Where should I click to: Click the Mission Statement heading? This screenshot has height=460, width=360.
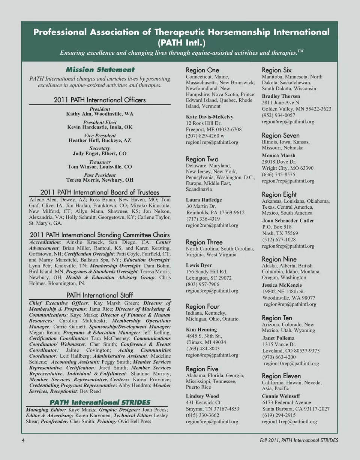(x=100, y=70)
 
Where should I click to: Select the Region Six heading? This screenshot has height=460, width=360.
(x=276, y=70)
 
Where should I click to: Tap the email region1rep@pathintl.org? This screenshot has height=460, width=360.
(x=212, y=142)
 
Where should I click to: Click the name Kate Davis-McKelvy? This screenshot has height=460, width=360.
(x=209, y=117)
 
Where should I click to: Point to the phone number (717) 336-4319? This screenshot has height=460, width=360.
(x=203, y=219)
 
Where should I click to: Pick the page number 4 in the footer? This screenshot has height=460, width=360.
(x=23, y=440)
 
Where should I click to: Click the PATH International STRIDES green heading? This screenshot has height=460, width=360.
(x=100, y=402)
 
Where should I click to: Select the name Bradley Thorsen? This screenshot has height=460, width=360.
(x=281, y=96)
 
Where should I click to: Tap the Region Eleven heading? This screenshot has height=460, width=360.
(x=281, y=376)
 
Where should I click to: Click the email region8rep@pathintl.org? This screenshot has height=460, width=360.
(x=288, y=246)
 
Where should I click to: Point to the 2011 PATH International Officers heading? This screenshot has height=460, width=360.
(x=100, y=100)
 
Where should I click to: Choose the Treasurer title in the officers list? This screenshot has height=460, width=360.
(x=100, y=162)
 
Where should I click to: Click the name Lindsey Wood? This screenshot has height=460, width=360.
(x=202, y=396)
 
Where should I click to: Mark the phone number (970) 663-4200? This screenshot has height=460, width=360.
(x=278, y=357)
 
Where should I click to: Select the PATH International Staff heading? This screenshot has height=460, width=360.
(x=100, y=295)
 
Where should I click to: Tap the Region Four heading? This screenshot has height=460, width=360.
(x=202, y=306)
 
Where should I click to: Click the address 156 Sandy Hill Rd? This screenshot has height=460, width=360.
(x=207, y=272)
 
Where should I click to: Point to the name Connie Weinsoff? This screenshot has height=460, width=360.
(x=281, y=396)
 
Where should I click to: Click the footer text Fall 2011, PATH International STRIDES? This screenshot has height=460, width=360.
(x=299, y=440)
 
